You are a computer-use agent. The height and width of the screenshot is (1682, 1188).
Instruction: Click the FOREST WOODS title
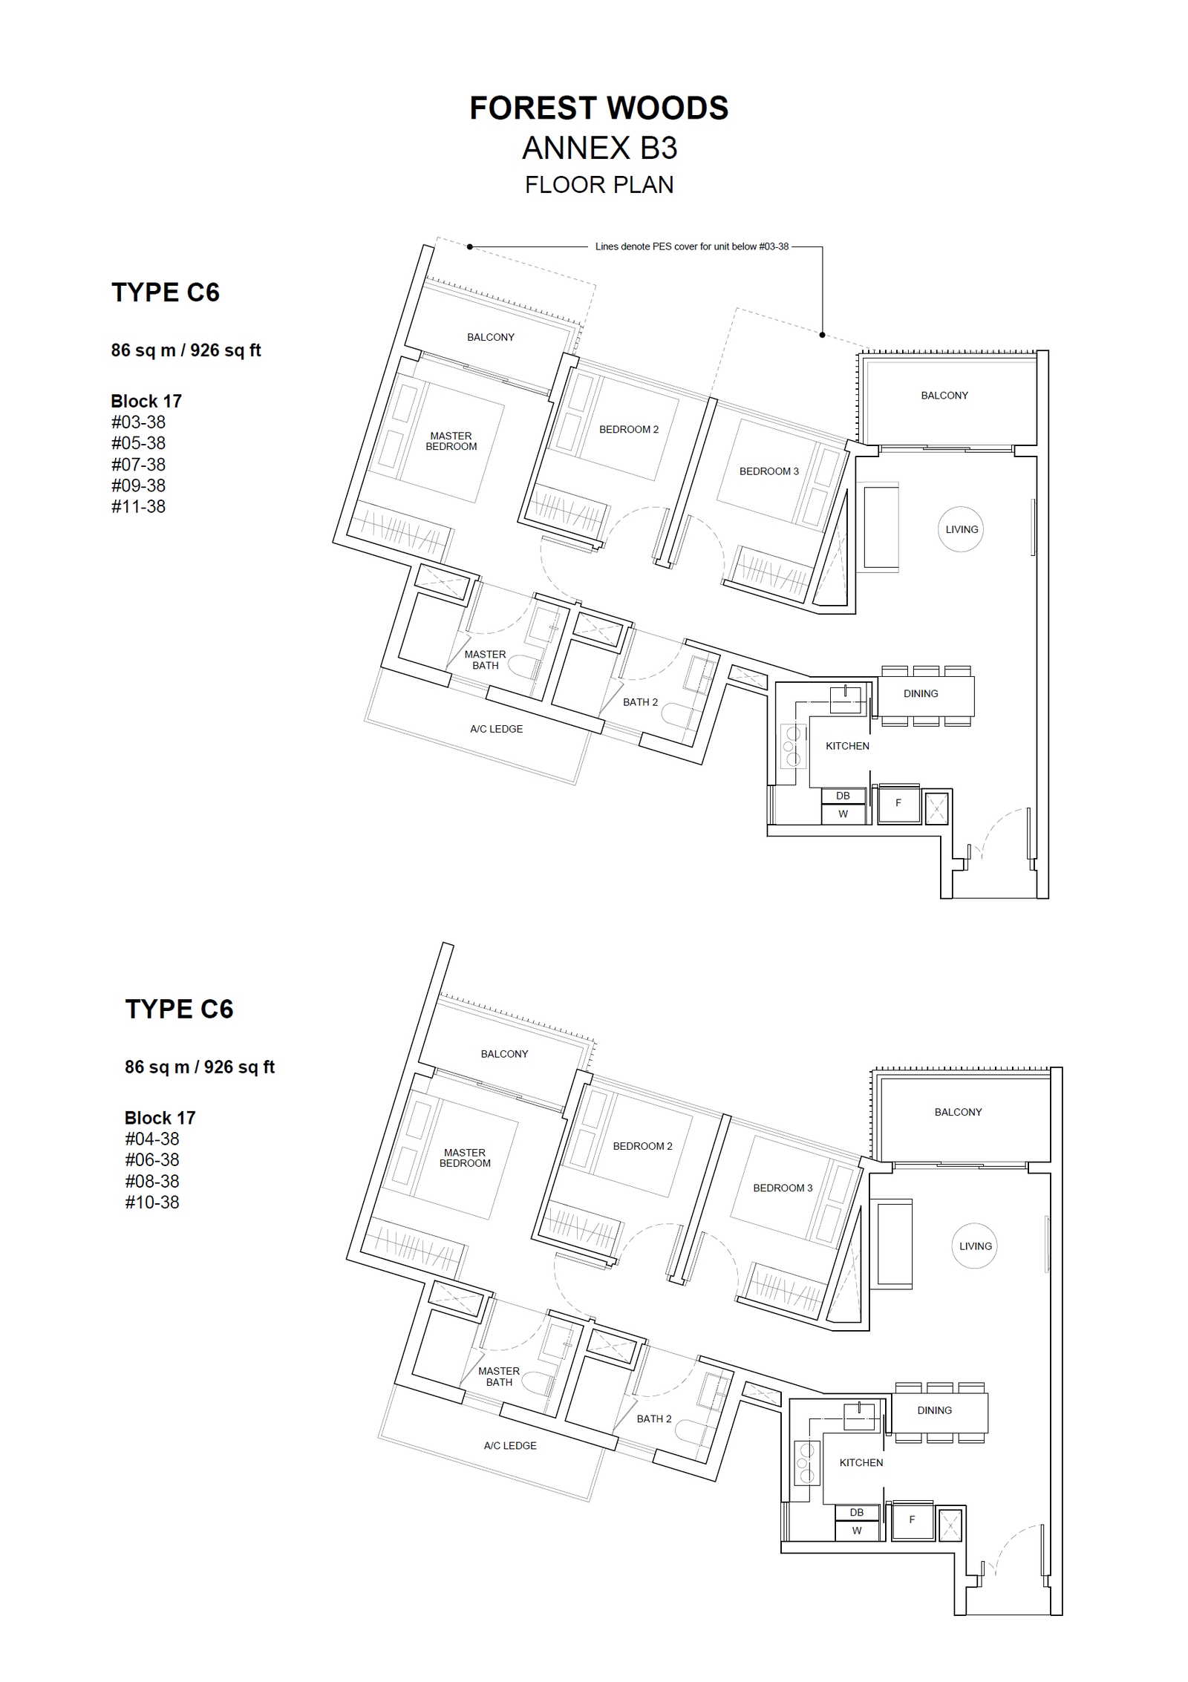pyautogui.click(x=598, y=108)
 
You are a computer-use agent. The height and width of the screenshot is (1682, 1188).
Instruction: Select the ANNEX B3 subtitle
pyautogui.click(x=599, y=148)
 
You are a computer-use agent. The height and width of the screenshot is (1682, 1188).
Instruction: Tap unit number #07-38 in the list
pyautogui.click(x=138, y=465)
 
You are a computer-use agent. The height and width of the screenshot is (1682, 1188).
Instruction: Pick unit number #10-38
pyautogui.click(x=151, y=1202)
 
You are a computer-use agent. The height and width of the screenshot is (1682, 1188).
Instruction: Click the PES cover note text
pyautogui.click(x=692, y=246)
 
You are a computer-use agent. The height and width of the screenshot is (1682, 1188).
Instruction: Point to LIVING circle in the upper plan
pyautogui.click(x=962, y=529)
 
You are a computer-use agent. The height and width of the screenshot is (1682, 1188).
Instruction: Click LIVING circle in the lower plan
pyautogui.click(x=975, y=1246)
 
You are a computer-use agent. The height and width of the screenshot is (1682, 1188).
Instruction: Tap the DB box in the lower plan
pyautogui.click(x=856, y=1513)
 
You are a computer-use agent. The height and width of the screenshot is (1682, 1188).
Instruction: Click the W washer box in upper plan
pyautogui.click(x=843, y=814)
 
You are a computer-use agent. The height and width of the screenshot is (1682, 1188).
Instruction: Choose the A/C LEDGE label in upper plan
pyautogui.click(x=496, y=729)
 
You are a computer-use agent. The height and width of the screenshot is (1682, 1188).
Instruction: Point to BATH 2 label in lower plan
pyautogui.click(x=653, y=1418)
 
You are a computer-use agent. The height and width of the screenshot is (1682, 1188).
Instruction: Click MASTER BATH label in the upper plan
pyautogui.click(x=485, y=660)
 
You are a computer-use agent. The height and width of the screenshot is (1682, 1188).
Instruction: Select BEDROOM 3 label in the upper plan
pyautogui.click(x=768, y=471)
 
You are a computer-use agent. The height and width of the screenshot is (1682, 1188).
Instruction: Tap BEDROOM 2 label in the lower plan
pyautogui.click(x=642, y=1146)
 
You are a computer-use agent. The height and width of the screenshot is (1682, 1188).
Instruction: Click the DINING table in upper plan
pyautogui.click(x=926, y=696)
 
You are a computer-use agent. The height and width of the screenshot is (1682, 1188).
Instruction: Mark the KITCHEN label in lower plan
pyautogui.click(x=861, y=1462)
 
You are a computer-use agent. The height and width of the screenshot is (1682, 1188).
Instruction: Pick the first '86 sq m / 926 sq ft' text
pyautogui.click(x=186, y=350)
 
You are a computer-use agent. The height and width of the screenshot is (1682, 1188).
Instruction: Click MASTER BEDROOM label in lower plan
pyautogui.click(x=465, y=1158)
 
